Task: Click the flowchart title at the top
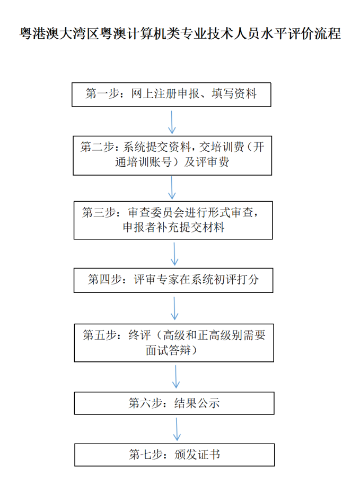tap(180, 33)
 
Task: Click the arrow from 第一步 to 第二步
tap(171, 122)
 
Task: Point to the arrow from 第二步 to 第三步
tap(172, 188)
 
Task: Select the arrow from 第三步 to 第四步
tap(174, 254)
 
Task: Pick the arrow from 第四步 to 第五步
tap(174, 308)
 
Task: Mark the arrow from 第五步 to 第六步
tap(176, 377)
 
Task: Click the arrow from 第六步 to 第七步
tap(177, 429)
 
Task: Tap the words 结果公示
tap(197, 403)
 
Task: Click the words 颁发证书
tap(197, 455)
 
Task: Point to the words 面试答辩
tap(168, 350)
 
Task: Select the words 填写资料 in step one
tap(234, 93)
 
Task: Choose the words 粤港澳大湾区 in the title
tap(59, 33)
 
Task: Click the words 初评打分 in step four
tap(236, 279)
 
